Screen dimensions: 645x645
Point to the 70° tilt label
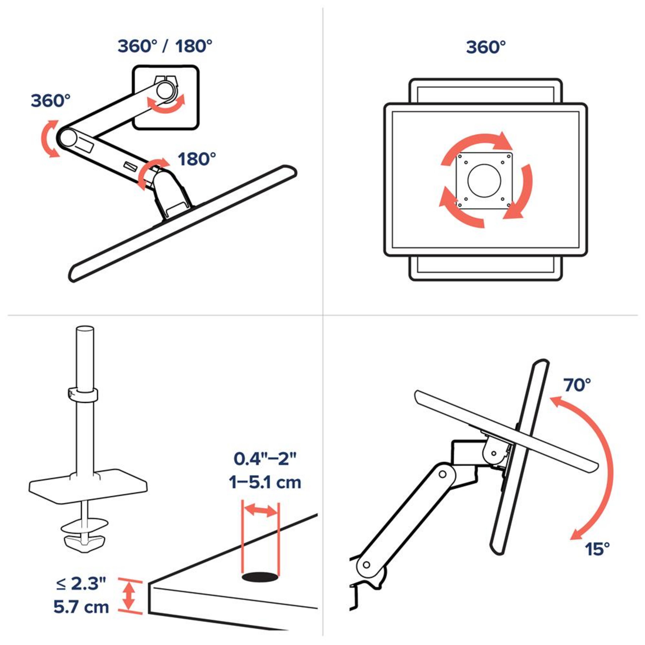point(577,385)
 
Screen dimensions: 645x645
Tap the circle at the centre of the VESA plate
point(484,180)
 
